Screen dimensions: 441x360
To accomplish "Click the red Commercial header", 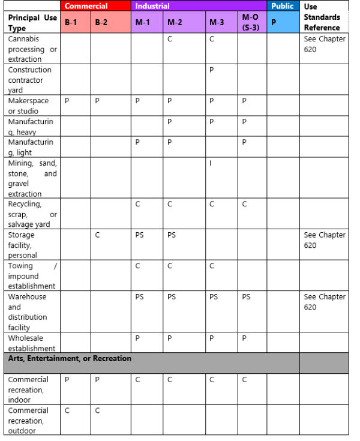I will [x=86, y=6].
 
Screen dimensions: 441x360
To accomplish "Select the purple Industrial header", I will [x=152, y=6].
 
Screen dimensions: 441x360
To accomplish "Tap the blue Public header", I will [x=282, y=6].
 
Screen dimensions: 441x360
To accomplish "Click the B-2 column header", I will [x=101, y=22].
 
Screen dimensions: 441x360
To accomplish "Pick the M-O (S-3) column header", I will [x=251, y=22].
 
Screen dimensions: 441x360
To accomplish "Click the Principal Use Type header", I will [x=32, y=22].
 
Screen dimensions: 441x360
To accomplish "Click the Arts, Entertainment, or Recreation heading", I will [x=70, y=359].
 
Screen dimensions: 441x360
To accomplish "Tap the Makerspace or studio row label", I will [x=28, y=106].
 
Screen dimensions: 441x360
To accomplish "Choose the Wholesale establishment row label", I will [x=31, y=343].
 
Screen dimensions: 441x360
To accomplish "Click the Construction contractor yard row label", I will [x=29, y=80].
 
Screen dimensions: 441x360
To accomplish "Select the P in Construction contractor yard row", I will [x=211, y=70].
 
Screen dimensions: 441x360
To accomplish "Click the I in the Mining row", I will [x=211, y=163].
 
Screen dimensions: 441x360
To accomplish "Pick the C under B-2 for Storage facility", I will [x=97, y=235].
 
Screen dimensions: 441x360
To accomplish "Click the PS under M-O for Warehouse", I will [x=246, y=297].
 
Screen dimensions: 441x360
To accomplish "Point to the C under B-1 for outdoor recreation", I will [x=67, y=410].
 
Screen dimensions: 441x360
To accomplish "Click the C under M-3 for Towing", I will [x=211, y=266].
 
